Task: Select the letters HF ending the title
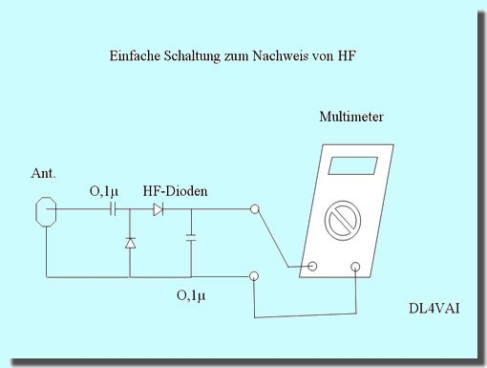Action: (x=348, y=57)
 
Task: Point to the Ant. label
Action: (x=44, y=175)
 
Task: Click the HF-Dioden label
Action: (x=175, y=191)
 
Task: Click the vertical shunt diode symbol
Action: (x=130, y=244)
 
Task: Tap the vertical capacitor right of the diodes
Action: (x=190, y=236)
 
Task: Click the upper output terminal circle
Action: (x=253, y=209)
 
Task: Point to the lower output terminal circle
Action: (x=253, y=277)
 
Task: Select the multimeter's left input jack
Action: (x=309, y=267)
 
